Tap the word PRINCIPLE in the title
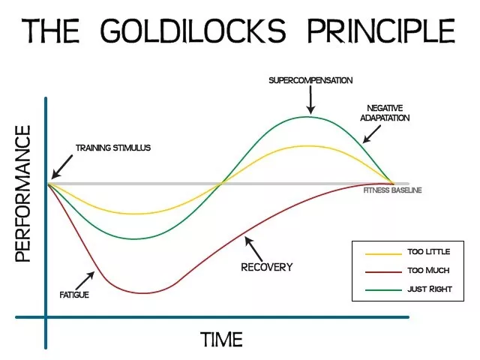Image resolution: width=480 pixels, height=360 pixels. pyautogui.click(x=385, y=31)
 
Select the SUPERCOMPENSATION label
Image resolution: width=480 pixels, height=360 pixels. pyautogui.click(x=310, y=79)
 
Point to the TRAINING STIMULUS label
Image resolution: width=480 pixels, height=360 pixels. pyautogui.click(x=112, y=148)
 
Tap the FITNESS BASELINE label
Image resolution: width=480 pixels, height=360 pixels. pyautogui.click(x=393, y=190)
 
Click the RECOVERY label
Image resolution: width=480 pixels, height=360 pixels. pyautogui.click(x=266, y=266)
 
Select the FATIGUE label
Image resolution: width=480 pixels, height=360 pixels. pyautogui.click(x=74, y=295)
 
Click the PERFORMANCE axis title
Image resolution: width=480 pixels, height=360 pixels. pyautogui.click(x=22, y=193)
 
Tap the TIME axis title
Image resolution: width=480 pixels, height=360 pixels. pyautogui.click(x=222, y=339)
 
